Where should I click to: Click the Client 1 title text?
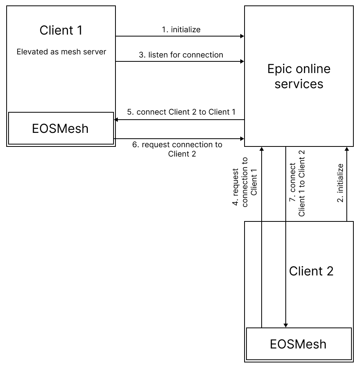tap(61, 30)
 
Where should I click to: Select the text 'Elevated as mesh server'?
tap(61, 52)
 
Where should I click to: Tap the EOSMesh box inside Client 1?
tap(60, 128)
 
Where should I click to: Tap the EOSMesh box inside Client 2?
tap(298, 343)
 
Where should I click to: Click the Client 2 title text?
tap(311, 271)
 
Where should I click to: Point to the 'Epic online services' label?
tap(299, 76)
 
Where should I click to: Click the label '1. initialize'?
tap(181, 30)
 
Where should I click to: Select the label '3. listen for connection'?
tap(181, 55)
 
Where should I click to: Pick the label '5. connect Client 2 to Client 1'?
tap(181, 112)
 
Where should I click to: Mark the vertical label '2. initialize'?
tap(340, 183)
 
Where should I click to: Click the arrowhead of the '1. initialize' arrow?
tap(242, 36)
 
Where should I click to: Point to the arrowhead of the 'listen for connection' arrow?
tap(242, 61)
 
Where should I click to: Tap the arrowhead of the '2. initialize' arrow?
tap(346, 149)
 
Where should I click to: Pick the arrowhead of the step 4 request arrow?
tap(262, 149)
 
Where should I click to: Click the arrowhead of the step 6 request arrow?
tap(242, 138)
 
